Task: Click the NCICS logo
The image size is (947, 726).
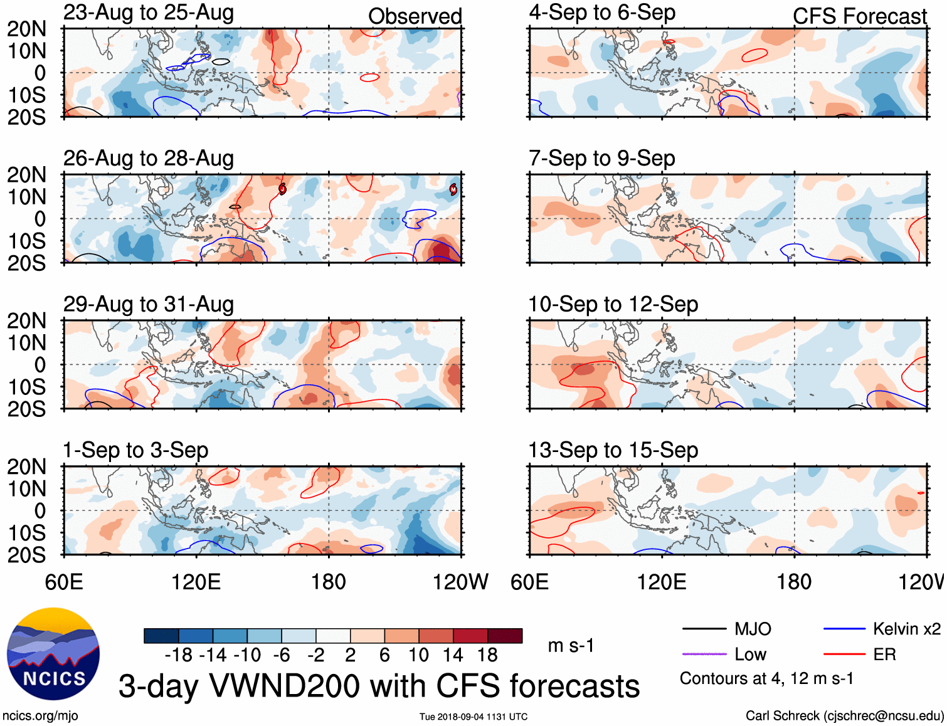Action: (x=53, y=654)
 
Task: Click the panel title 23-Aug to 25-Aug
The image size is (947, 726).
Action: (x=149, y=13)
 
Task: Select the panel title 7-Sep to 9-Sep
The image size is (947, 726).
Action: (x=601, y=159)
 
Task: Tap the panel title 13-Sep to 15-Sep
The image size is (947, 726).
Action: (x=613, y=450)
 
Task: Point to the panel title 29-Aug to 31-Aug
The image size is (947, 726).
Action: (x=149, y=305)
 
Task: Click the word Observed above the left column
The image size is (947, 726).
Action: (x=415, y=16)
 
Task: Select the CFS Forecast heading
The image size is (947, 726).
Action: (x=859, y=16)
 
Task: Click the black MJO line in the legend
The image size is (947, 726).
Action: (x=704, y=629)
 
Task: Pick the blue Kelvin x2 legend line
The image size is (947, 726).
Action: (x=844, y=629)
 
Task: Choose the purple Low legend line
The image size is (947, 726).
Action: (x=704, y=655)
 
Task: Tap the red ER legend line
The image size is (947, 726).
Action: (x=844, y=655)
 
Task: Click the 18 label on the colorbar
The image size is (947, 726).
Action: (x=487, y=655)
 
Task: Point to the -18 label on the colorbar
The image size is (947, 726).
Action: (x=179, y=655)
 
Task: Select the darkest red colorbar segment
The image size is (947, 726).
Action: (x=505, y=636)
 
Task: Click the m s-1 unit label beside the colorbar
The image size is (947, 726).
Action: (x=571, y=646)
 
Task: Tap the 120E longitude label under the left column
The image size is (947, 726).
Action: (x=196, y=582)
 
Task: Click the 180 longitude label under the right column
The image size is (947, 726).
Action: (x=794, y=582)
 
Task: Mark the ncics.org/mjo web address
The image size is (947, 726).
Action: (x=40, y=716)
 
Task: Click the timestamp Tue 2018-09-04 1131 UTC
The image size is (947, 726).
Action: (x=473, y=717)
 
